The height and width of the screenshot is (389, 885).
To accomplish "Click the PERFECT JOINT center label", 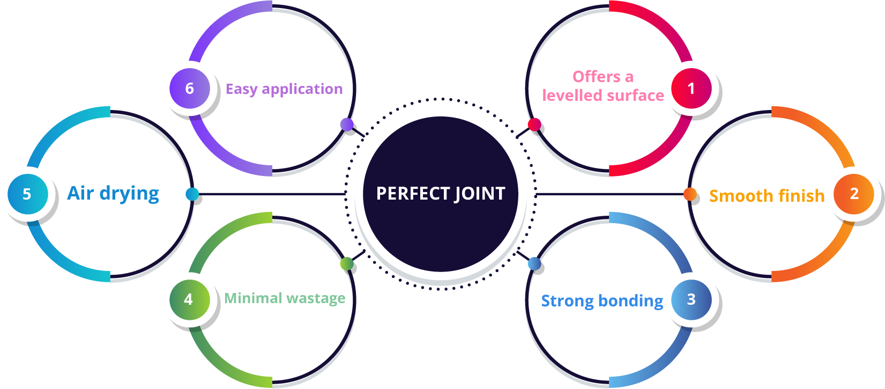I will pos(441,194).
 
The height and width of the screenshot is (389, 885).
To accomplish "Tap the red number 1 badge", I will pos(691,88).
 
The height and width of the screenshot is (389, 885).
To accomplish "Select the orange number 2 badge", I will pos(854,194).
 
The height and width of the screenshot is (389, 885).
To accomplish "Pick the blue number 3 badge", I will pos(691,299).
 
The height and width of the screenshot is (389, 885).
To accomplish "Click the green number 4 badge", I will pos(189,299).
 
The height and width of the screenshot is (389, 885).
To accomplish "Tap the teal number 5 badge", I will pos(27,194).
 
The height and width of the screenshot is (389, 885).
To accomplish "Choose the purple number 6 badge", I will pos(189,88).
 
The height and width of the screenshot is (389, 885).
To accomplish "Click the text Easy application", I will pos(284,89).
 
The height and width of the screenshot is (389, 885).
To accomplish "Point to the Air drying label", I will pos(113,193).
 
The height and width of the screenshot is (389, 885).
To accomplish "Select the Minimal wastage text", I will pos(285,298).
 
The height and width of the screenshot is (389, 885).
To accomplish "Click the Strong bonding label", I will pos(602,301).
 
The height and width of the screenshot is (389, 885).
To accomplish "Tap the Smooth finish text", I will pos(767,196).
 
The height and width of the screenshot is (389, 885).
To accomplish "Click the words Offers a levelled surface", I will pos(603,86).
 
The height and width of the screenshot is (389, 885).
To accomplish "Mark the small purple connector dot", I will pos(347,124).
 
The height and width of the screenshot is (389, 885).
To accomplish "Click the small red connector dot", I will pos(534,124).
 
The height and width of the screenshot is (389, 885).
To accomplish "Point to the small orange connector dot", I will pos(690,194).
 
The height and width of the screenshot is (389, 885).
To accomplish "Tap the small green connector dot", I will pos(347,263).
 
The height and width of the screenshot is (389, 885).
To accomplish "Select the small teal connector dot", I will pos(192,194).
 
